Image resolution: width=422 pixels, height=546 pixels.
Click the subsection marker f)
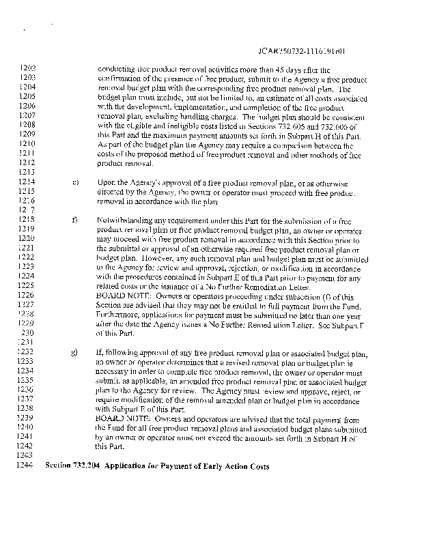(x=74, y=220)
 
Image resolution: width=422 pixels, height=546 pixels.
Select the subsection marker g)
(x=74, y=353)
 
